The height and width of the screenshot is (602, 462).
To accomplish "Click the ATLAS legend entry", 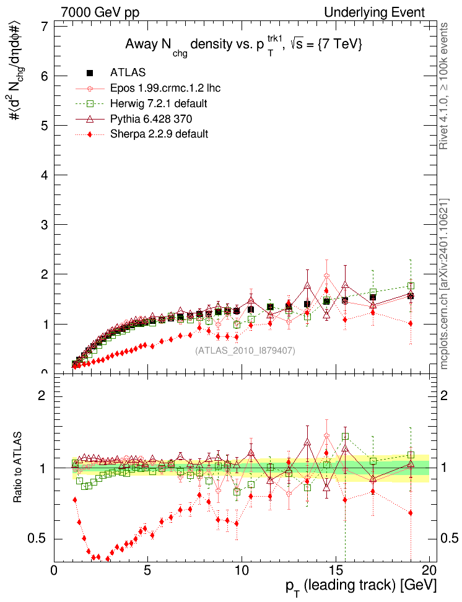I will [x=128, y=73].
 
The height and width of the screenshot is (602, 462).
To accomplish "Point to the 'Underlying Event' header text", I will [x=375, y=12].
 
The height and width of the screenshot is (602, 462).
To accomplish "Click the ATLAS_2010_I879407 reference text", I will [x=245, y=351].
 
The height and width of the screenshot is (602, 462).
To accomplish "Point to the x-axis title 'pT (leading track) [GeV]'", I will [x=361, y=585].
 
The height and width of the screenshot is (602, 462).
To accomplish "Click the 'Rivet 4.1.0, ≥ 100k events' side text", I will [x=444, y=86].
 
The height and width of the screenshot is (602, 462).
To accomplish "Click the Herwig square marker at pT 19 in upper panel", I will [x=411, y=286].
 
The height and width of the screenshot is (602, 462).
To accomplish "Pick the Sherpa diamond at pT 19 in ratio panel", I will [x=411, y=513].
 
